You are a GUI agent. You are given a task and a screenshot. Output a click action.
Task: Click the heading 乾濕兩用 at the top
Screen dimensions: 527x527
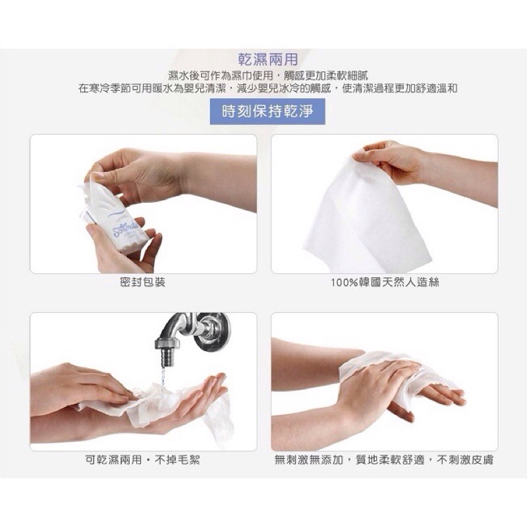(x=268, y=59)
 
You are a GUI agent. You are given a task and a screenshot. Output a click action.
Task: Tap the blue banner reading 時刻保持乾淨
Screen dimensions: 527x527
(x=267, y=111)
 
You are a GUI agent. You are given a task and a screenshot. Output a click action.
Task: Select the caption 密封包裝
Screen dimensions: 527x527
(x=143, y=283)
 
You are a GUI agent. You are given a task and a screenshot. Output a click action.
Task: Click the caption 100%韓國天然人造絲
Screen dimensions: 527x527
(x=385, y=283)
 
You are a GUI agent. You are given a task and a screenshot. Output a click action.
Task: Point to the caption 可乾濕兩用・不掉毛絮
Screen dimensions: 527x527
(x=143, y=459)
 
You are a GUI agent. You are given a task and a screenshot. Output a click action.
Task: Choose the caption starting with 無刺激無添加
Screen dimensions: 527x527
(x=384, y=459)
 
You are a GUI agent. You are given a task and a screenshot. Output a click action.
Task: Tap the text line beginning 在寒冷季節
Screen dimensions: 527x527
(x=268, y=89)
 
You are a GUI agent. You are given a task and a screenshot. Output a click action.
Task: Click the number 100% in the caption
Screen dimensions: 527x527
(x=343, y=283)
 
